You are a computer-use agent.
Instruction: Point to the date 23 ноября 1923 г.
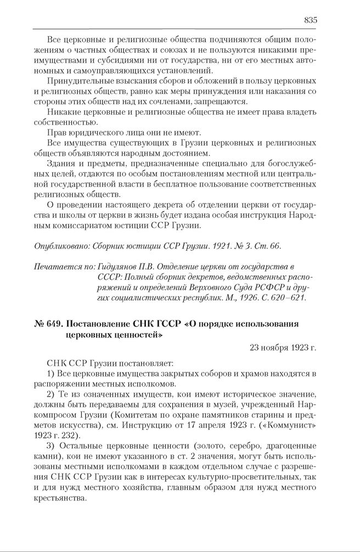283,347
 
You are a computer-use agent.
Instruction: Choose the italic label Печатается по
63,267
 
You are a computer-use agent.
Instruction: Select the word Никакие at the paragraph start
63,112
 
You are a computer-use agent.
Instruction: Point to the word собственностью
61,122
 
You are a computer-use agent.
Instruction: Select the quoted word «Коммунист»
290,425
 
